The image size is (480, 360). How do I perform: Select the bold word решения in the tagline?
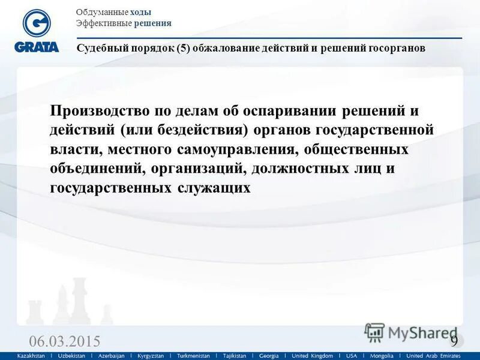[153, 23]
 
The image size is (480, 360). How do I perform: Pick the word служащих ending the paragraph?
[214, 188]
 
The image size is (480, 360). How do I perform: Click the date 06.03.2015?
[65, 341]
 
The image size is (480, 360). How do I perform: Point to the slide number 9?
[454, 340]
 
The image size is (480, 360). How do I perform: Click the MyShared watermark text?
[420, 332]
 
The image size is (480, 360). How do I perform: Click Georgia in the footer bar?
[268, 356]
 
